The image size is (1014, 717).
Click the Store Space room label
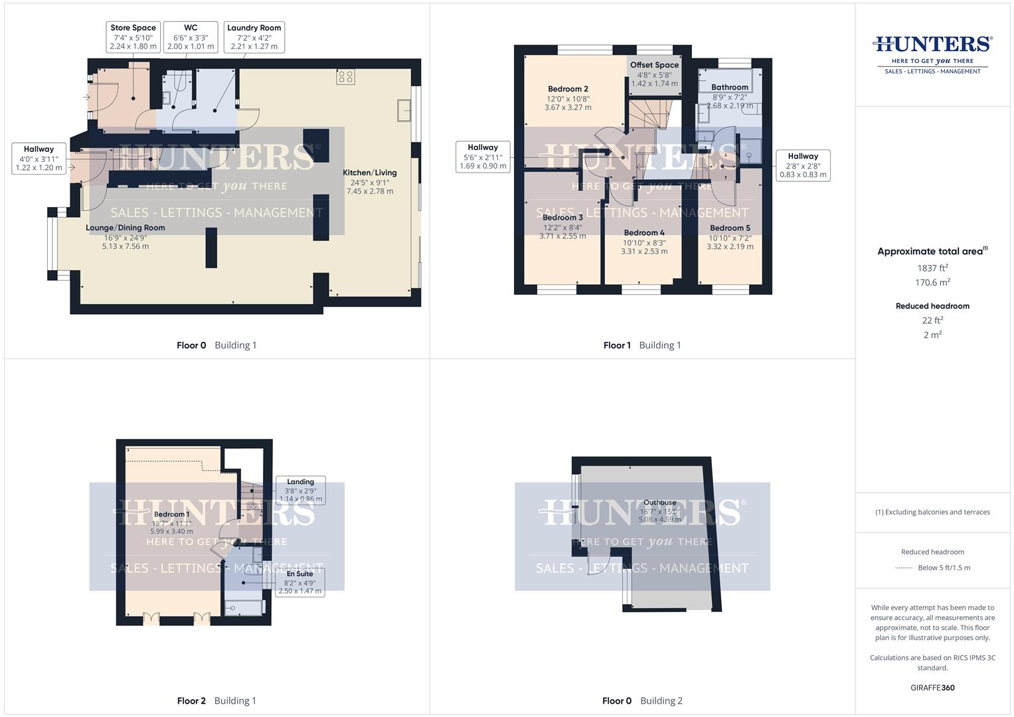pos(133,28)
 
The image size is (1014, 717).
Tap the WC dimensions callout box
pos(191,37)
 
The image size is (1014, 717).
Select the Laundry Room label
pos(254,28)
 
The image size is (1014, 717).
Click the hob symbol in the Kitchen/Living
pos(345,77)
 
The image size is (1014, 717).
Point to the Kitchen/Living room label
pos(369,173)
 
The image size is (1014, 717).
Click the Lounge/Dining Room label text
pos(126,228)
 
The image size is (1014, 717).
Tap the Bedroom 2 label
pos(568,89)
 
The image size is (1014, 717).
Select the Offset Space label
pos(654,65)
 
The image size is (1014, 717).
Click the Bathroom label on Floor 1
pos(729,87)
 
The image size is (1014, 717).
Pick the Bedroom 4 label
pos(644,233)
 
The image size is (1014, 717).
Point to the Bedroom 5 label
pos(730,228)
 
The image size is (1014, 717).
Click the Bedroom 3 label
pos(562,217)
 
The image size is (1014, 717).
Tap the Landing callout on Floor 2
pos(301,490)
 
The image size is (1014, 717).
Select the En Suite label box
pos(300,582)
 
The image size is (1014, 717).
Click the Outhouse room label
pos(659,503)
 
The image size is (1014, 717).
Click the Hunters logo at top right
pos(932,53)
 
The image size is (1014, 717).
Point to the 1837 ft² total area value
pos(932,268)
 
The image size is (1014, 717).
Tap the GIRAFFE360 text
pos(932,688)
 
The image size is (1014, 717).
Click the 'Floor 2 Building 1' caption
pos(216,700)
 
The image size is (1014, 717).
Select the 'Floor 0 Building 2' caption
pos(642,700)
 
